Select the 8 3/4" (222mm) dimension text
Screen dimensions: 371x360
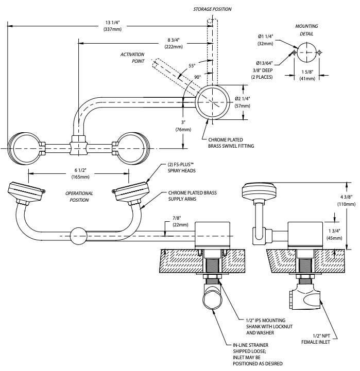[x=174, y=43]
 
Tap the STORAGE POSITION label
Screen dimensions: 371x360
[x=212, y=9]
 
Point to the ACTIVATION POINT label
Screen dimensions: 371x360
[x=132, y=58]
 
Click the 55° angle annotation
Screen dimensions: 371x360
[x=192, y=66]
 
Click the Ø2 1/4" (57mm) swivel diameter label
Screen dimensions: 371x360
[x=242, y=102]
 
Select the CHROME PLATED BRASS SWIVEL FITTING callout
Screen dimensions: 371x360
[x=231, y=143]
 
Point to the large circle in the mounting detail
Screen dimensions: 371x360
[x=306, y=52]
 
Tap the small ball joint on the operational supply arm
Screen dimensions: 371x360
[x=79, y=236]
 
